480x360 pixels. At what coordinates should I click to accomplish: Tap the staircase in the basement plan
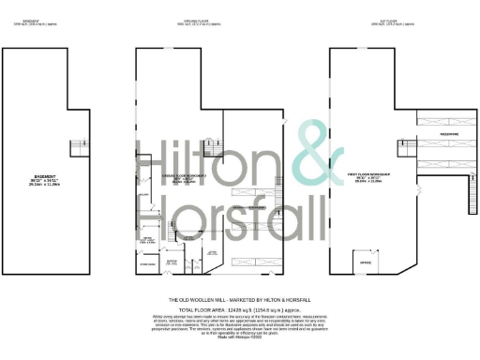tap(78, 147)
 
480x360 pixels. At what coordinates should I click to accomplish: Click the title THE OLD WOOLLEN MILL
tap(239, 299)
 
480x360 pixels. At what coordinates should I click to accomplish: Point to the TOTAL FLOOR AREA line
tap(239, 307)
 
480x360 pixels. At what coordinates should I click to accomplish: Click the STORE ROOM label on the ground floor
tap(148, 265)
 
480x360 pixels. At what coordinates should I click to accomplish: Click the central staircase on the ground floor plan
tap(214, 153)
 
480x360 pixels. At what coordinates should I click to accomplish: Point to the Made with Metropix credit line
tap(239, 337)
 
